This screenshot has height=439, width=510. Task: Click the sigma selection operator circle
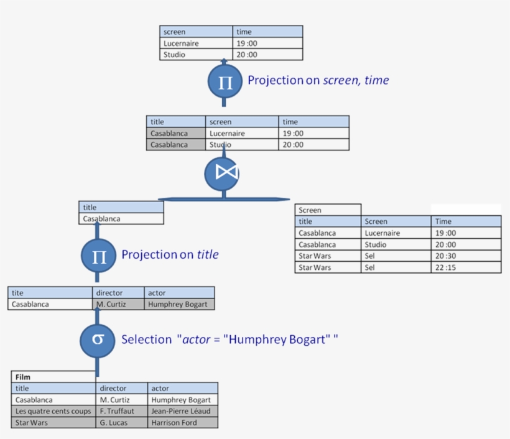point(98,340)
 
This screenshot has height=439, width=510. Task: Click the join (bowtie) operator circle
point(222,173)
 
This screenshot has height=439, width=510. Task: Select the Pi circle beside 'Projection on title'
point(99,256)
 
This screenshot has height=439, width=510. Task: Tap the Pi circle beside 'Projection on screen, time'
point(225,81)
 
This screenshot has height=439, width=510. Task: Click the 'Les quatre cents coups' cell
point(53,411)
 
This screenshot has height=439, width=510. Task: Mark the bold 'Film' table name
point(23,377)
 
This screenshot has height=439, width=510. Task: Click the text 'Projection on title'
point(170,254)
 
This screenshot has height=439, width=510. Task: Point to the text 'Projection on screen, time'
point(318,80)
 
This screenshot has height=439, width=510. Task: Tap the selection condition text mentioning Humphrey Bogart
point(229,340)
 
